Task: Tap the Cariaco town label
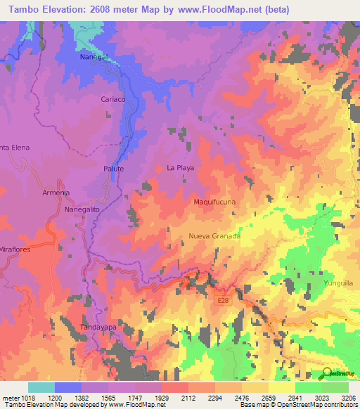coord(113,100)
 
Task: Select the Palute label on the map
coord(113,169)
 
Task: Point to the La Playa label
coord(180,168)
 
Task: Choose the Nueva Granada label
coord(214,236)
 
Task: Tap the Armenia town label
coord(56,193)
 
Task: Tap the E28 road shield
coord(223,300)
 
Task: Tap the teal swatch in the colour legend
coord(41,387)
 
